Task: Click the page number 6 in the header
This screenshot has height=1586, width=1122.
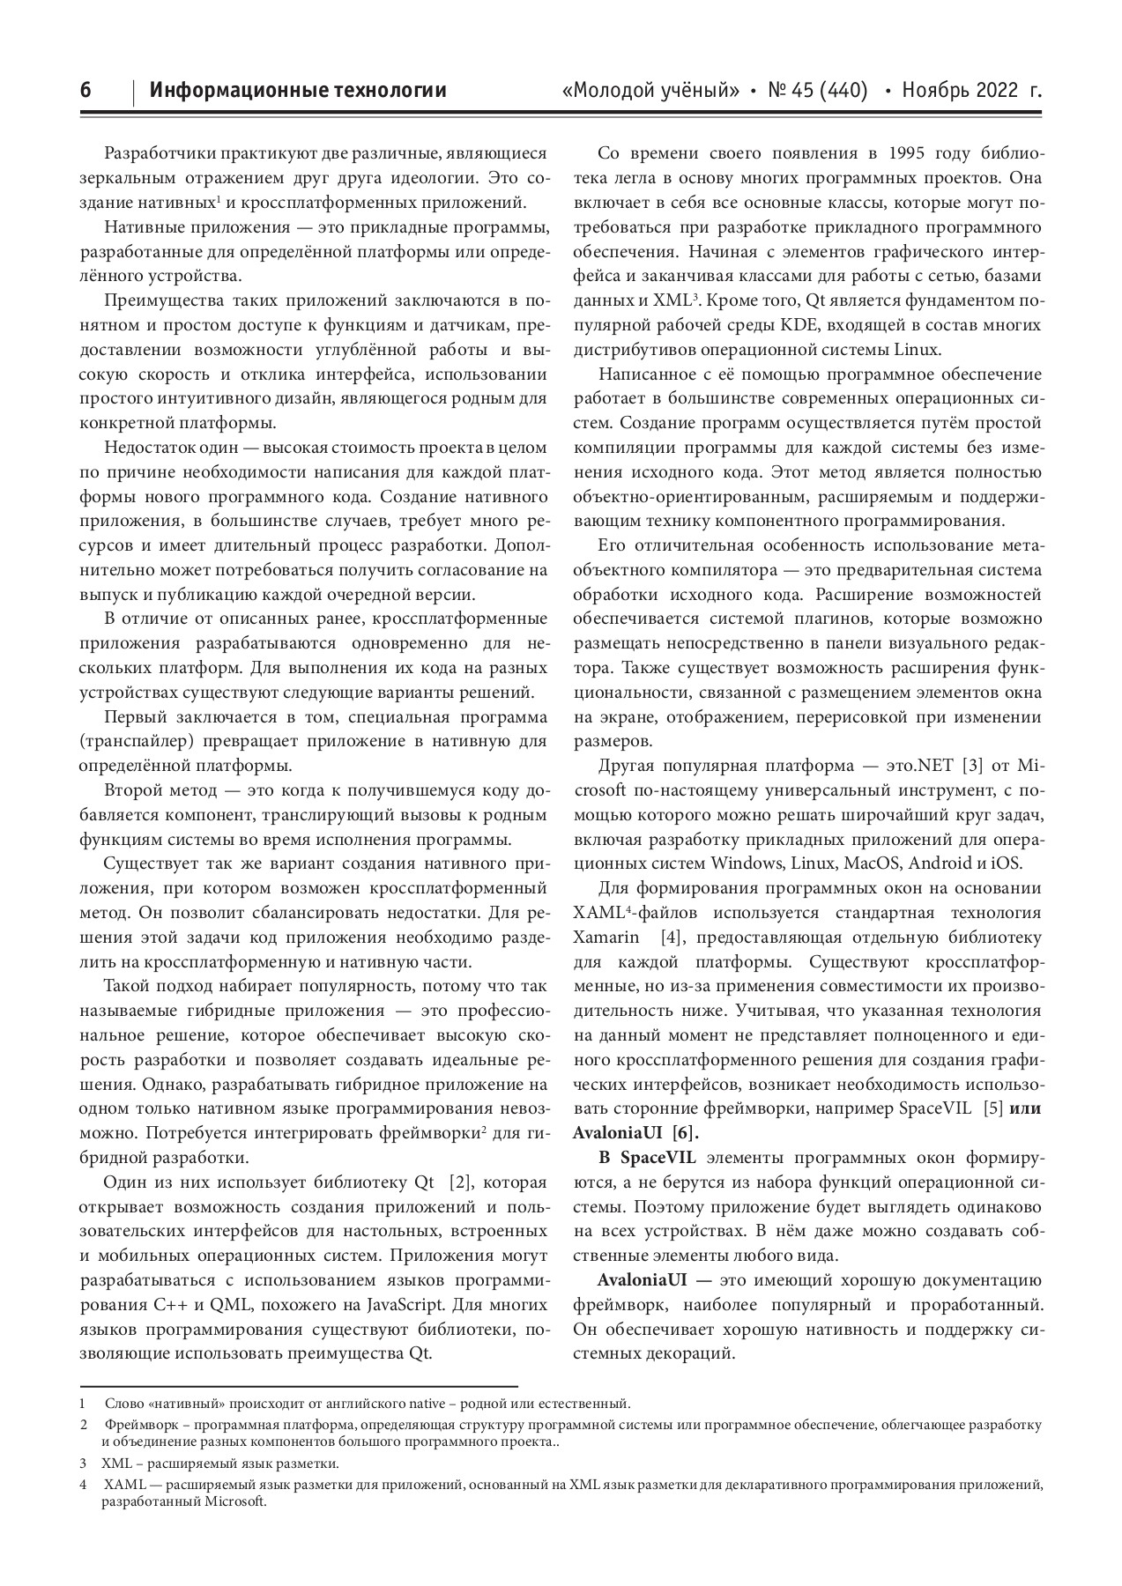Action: [x=85, y=90]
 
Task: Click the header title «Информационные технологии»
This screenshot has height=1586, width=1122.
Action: [x=298, y=90]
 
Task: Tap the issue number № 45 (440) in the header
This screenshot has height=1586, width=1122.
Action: [x=818, y=90]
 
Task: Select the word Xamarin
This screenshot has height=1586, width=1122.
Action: [x=606, y=937]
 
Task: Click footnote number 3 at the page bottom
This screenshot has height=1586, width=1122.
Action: [x=82, y=1464]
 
